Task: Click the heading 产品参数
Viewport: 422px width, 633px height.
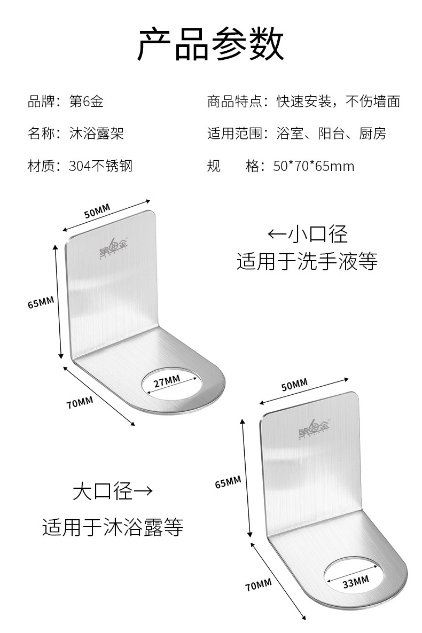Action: point(210,45)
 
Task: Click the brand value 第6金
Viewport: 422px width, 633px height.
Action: point(87,101)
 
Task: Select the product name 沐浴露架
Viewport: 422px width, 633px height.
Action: point(97,133)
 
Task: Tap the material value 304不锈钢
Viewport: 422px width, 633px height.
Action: point(100,166)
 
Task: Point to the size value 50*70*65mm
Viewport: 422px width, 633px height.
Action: point(314,166)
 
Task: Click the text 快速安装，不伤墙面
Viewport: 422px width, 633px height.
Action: point(338,101)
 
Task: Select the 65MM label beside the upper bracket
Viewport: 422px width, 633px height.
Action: point(41,303)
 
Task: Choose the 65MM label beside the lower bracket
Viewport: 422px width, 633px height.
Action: point(228,483)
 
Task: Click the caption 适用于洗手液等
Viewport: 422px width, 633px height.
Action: point(307,262)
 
